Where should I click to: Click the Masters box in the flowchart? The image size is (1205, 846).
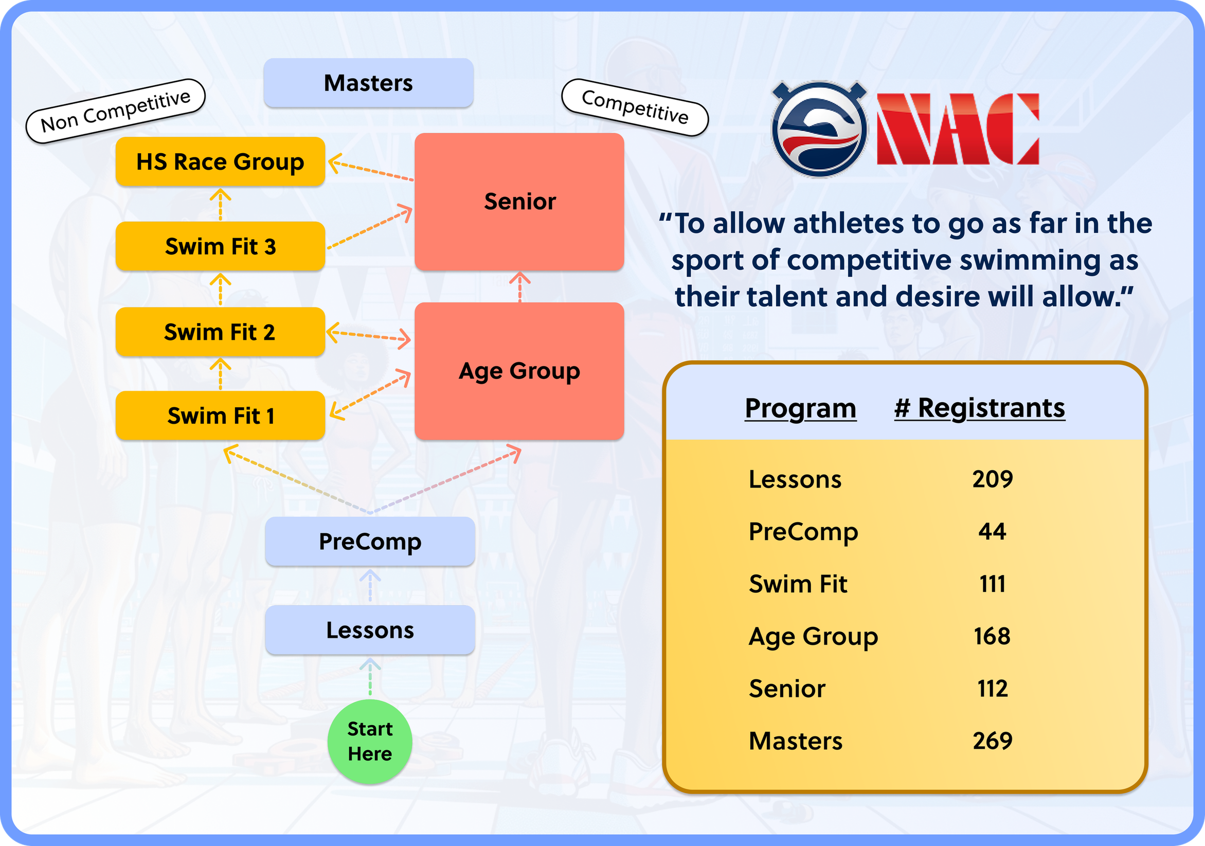368,83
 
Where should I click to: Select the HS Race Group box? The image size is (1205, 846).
220,161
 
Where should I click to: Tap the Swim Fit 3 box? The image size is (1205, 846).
220,246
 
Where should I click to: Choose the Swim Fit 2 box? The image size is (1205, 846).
220,332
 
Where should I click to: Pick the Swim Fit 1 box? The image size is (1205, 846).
220,416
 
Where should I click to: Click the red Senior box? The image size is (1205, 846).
519,202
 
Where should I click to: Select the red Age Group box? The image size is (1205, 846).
519,371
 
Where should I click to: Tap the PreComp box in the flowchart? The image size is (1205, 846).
370,542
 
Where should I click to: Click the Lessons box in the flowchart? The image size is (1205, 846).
370,630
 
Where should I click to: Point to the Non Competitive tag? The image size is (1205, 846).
116,111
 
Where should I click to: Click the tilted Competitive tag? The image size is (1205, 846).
635,107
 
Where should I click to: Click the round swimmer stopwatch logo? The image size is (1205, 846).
819,129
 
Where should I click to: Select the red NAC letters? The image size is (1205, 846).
958,129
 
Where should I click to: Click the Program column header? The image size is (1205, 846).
800,408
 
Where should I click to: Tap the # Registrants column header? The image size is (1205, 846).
979,408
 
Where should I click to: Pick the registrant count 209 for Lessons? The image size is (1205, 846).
992,479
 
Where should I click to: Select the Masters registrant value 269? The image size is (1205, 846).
992,741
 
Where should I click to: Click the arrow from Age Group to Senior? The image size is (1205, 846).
519,286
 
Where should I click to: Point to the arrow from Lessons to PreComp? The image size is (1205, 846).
370,586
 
